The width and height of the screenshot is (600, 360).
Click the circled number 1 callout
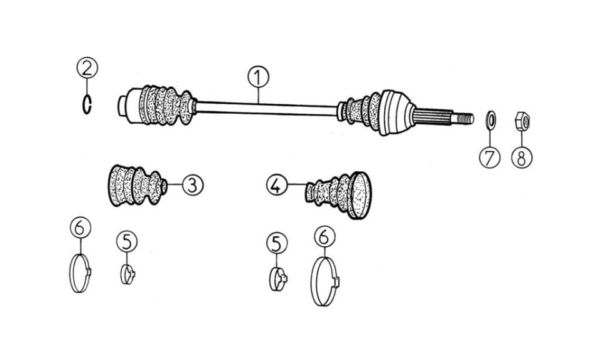click(x=258, y=77)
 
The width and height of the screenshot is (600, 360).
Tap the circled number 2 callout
click(x=87, y=67)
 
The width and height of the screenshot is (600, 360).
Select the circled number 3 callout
click(x=192, y=185)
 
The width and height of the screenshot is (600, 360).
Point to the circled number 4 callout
click(x=277, y=185)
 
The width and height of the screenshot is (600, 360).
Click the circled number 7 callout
click(x=490, y=157)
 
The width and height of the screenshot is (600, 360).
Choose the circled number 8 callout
click(x=522, y=157)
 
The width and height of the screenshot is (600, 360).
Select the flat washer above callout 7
click(x=491, y=120)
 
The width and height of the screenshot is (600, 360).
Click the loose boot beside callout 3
click(x=137, y=185)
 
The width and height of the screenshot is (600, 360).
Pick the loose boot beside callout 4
click(x=338, y=195)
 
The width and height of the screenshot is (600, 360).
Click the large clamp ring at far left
click(x=81, y=273)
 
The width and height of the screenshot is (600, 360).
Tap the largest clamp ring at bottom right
click(x=325, y=281)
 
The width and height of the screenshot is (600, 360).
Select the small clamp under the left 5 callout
click(x=127, y=274)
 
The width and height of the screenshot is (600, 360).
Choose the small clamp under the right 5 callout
click(x=278, y=279)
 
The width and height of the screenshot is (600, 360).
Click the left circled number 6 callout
click(x=81, y=227)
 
